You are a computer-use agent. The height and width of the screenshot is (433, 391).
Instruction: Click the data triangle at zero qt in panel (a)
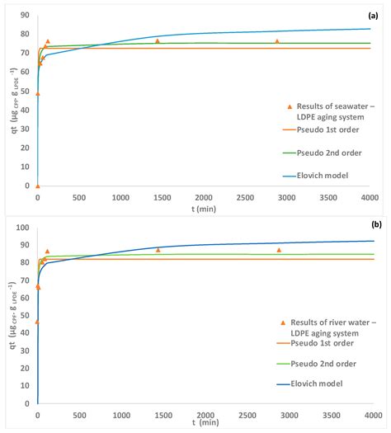click(37, 186)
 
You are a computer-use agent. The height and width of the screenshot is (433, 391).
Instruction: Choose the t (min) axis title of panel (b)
click(203, 424)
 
